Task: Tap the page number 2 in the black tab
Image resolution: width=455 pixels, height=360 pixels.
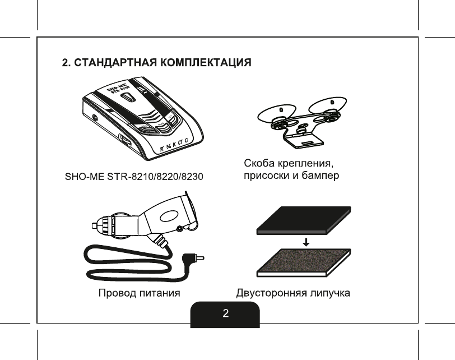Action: pos(225,313)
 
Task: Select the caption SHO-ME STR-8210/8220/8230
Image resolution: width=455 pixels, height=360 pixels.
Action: pos(132,177)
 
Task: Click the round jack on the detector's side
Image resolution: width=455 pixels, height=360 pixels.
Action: pos(94,118)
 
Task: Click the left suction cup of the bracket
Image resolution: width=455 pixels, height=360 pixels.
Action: pos(274,113)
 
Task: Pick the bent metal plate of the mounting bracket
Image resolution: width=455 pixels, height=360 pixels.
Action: pos(303,135)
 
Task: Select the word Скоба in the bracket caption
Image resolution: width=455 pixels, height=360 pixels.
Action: pos(259,164)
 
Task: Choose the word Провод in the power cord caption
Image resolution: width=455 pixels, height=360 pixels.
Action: pos(119,293)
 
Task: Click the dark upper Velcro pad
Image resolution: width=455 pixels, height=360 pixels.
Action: pos(303,220)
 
